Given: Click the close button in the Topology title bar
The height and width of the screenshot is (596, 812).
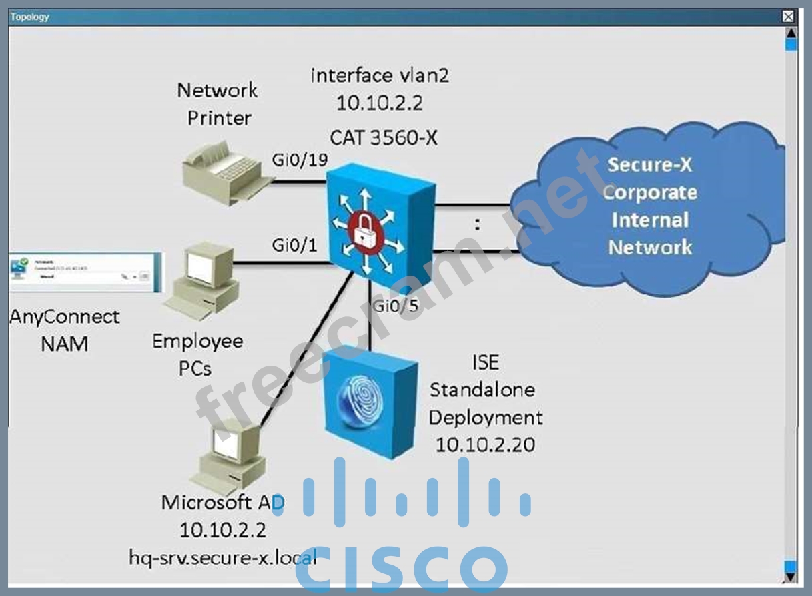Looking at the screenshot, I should point(788,17).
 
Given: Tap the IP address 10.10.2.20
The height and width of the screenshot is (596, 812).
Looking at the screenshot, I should point(484,444).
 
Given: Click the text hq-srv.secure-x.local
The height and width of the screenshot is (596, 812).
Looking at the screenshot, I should point(223,557).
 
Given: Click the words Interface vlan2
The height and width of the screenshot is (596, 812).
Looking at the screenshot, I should point(380,75).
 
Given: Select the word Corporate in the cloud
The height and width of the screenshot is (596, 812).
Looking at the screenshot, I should point(650,192).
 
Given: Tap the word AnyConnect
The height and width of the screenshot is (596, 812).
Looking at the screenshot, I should point(65,316).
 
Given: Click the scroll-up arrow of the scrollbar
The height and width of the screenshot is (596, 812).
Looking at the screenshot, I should point(791,32).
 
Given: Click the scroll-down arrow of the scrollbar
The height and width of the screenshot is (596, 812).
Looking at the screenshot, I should point(791,575).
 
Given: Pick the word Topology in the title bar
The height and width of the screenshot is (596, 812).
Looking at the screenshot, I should point(29,17).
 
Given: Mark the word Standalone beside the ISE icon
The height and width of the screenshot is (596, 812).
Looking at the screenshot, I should point(482,389).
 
